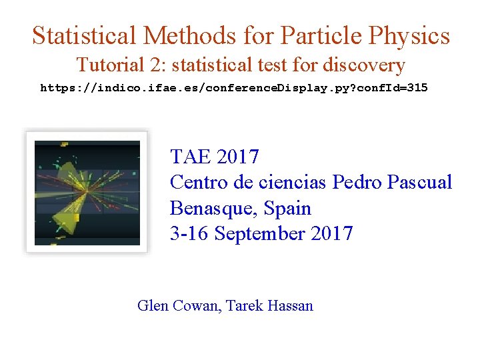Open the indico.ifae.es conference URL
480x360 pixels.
click(233, 88)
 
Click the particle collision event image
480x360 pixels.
click(87, 192)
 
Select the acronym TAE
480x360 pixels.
click(190, 157)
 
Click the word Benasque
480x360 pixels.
click(211, 209)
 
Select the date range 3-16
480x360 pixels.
click(189, 234)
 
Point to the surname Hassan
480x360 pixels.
click(289, 306)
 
